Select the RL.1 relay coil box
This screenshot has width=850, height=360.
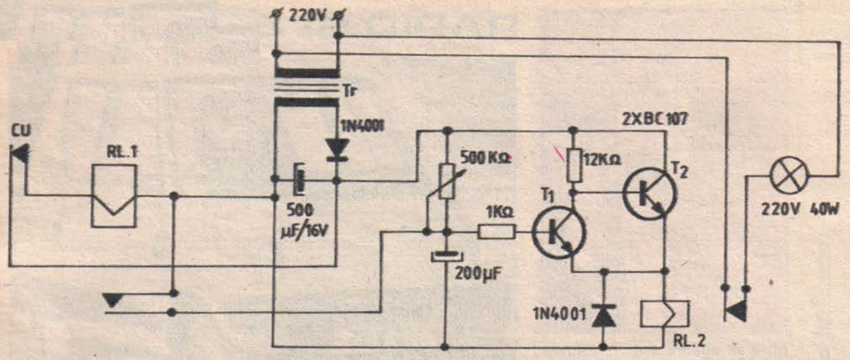pos(114,194)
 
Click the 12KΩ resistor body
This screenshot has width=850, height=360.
pos(571,164)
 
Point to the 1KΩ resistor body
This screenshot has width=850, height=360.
pos(496,232)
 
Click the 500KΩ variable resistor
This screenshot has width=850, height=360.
pos(445,180)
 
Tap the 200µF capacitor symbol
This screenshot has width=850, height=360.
pos(445,256)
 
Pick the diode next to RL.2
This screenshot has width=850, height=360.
pos(603,314)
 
